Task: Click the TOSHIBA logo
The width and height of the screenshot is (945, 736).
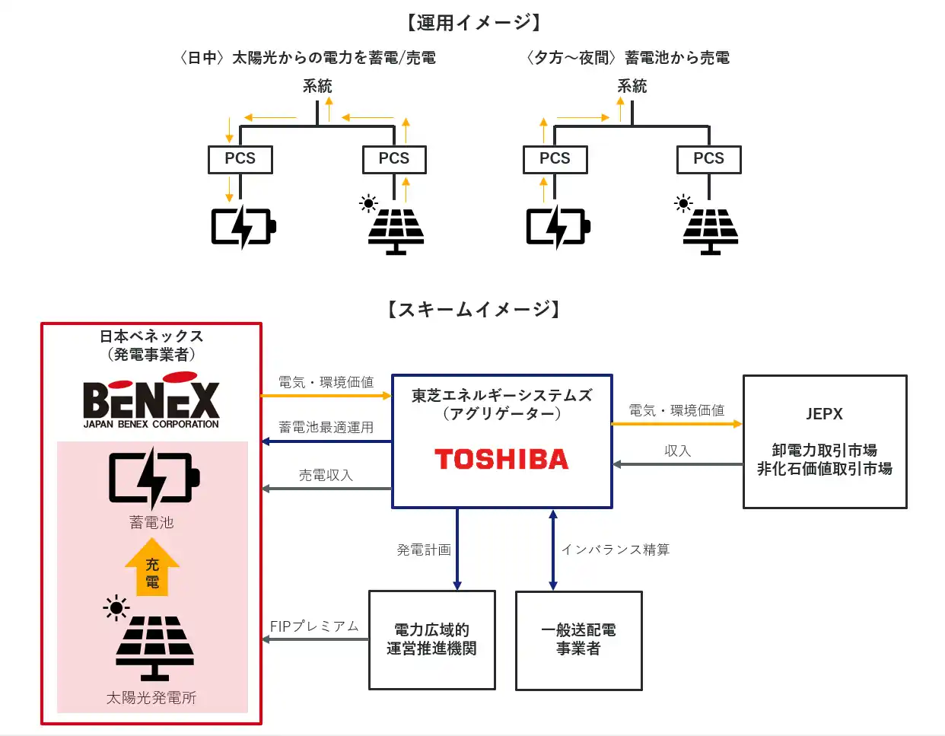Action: click(501, 459)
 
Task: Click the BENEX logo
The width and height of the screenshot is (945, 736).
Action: click(151, 401)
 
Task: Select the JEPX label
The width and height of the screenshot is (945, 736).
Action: click(824, 414)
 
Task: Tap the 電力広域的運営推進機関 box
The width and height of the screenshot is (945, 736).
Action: click(431, 639)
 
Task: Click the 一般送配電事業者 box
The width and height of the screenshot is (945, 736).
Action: click(578, 640)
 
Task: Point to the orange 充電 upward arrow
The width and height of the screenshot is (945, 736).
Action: click(152, 568)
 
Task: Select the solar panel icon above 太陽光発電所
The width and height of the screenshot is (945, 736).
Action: click(154, 647)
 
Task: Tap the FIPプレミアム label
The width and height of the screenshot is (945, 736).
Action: click(314, 626)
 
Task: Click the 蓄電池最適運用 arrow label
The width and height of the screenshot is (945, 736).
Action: click(326, 428)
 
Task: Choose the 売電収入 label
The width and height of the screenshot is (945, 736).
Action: click(326, 476)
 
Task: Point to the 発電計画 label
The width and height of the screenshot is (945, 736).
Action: click(423, 550)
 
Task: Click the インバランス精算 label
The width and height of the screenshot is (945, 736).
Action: click(616, 550)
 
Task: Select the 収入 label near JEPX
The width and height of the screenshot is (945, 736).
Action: click(677, 451)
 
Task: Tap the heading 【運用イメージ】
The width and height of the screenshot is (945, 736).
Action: click(473, 23)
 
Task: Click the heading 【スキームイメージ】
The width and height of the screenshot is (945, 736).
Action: click(473, 309)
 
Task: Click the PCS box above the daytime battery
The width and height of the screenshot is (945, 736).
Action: click(240, 159)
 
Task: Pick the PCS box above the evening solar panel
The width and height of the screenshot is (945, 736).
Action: click(708, 159)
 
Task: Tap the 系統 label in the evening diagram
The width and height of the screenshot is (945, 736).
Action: click(632, 87)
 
